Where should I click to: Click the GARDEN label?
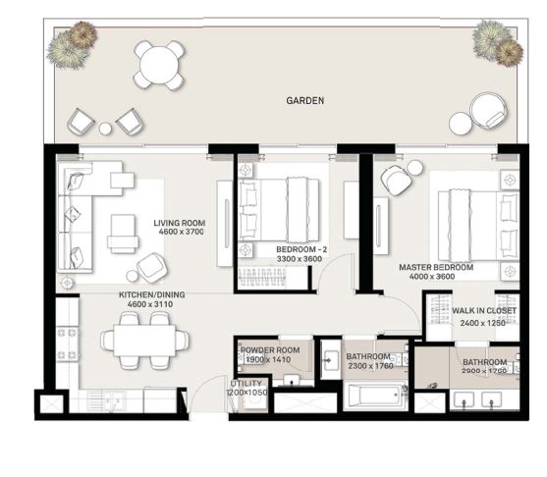305,100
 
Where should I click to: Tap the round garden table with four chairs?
158,66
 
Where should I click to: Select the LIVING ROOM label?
179,223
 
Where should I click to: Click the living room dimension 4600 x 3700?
179,234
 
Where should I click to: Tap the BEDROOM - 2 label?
301,250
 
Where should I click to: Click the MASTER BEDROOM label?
436,267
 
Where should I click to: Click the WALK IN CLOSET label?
483,311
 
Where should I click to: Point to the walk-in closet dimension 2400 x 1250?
483,322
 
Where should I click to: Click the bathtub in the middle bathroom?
372,397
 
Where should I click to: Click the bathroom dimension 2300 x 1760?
369,367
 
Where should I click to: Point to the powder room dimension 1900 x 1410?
268,360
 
